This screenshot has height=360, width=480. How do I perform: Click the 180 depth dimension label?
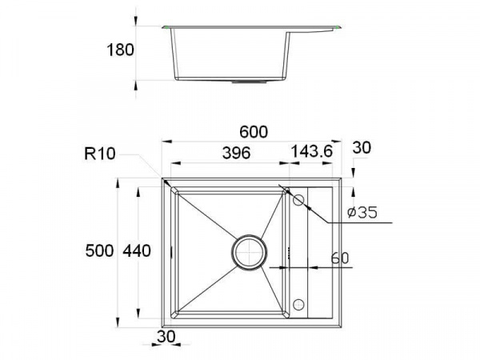pos(120,50)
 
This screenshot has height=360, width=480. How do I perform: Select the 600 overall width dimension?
pos(254,132)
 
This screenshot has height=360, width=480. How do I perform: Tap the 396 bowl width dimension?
pos(236,153)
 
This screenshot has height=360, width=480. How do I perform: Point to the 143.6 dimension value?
pos(311,151)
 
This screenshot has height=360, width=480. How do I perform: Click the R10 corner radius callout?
pos(100,154)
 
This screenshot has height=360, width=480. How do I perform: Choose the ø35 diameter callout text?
pos(362,213)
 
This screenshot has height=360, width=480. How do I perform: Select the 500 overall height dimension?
pos(99,250)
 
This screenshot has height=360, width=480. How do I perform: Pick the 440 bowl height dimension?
pos(137,251)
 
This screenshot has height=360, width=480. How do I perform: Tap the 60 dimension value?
pos(340,258)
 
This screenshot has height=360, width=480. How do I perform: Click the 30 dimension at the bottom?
pos(166,337)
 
